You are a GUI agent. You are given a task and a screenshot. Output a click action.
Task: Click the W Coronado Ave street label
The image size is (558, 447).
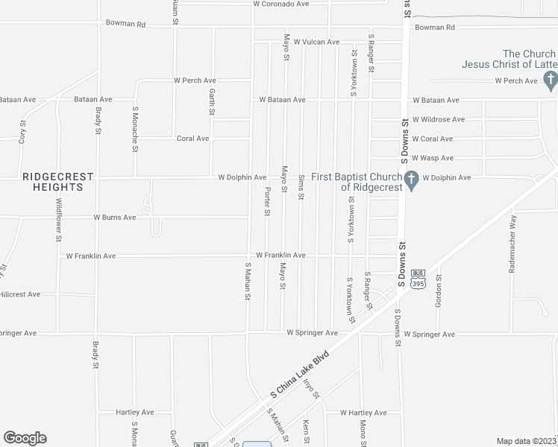coord(280,4)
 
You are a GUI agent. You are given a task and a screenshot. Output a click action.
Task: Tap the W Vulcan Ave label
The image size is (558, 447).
coord(316,42)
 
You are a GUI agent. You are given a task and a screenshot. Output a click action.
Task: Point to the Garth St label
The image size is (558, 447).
coord(212,103)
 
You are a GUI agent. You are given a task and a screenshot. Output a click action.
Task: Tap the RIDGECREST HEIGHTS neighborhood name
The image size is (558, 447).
coord(57,182)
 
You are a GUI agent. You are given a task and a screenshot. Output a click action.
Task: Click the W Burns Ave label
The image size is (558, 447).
coord(114,218)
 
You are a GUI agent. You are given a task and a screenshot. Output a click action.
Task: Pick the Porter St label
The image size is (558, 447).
coord(267,201)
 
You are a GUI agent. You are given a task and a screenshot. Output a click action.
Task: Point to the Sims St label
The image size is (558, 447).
coord(301,186)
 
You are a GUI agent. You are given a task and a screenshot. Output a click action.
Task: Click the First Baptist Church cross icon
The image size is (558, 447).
coord(410,179)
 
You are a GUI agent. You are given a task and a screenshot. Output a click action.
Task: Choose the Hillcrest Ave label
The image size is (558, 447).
coord(20,294)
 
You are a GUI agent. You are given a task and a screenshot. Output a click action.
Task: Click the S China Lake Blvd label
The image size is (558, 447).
coord(301,375)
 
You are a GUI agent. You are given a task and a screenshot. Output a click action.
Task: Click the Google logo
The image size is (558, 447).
coord(25,438)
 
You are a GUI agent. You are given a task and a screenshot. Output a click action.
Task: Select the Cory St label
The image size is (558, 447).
coord(22,132)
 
